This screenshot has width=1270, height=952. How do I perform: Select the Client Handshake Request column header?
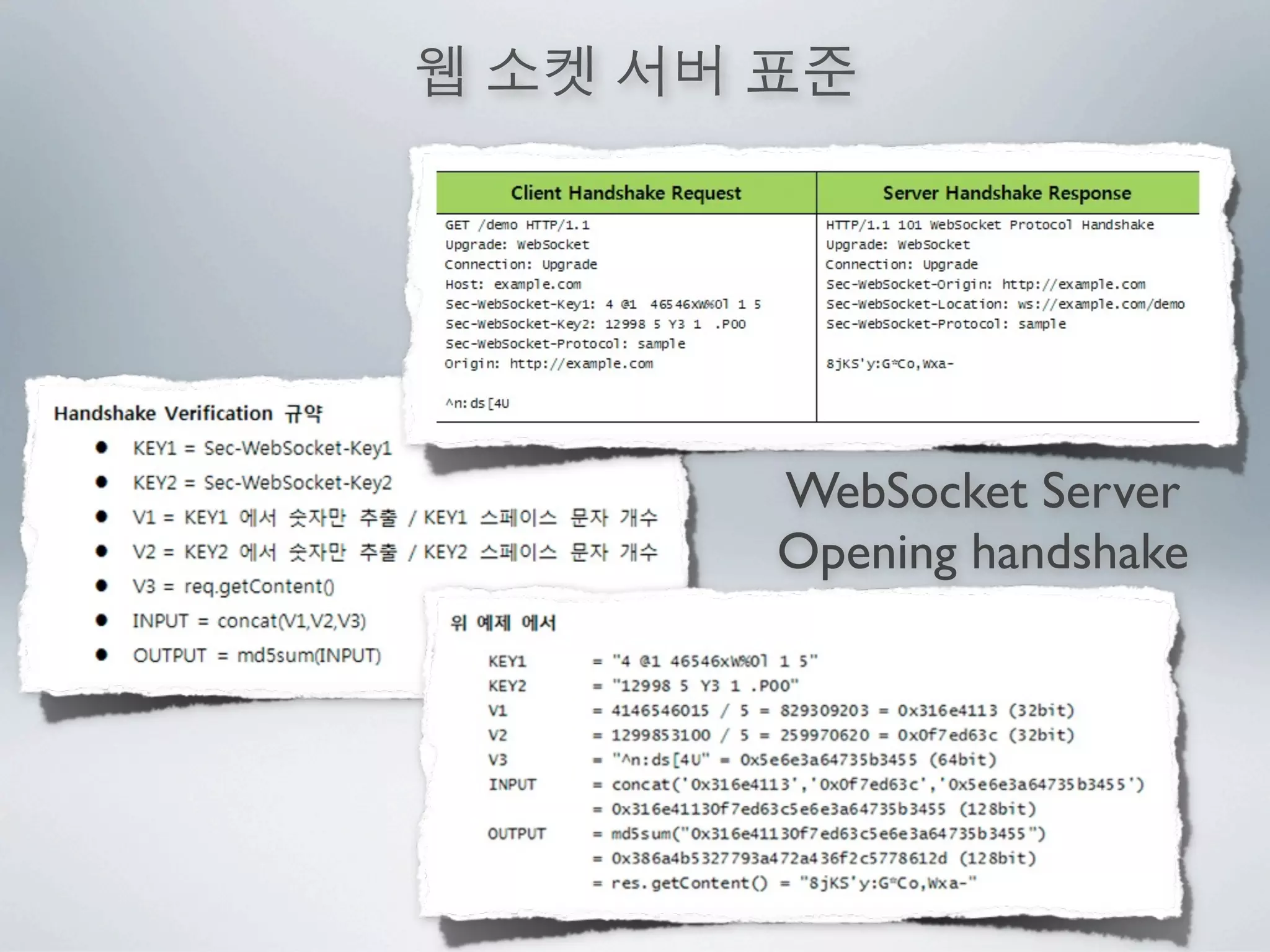(626, 193)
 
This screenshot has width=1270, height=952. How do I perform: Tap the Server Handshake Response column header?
(1006, 193)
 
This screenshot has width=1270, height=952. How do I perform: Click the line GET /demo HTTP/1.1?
(517, 225)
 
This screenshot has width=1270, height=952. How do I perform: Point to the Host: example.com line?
(513, 284)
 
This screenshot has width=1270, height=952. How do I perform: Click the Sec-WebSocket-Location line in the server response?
(1005, 304)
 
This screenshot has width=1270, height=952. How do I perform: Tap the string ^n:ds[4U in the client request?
(477, 403)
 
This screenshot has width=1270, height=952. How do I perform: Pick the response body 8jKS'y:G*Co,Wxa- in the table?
(889, 364)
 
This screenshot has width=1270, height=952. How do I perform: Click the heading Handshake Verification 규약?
(188, 413)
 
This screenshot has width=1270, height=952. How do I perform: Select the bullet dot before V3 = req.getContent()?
(102, 586)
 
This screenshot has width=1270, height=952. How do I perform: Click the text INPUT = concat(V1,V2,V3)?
(249, 620)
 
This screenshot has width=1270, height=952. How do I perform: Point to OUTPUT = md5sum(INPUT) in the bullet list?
(257, 655)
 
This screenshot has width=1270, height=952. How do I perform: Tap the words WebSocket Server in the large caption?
(983, 491)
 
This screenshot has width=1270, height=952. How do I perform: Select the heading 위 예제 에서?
(503, 623)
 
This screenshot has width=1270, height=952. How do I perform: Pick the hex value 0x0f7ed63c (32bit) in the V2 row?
(985, 735)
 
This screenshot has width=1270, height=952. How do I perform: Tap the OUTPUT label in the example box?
(517, 834)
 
